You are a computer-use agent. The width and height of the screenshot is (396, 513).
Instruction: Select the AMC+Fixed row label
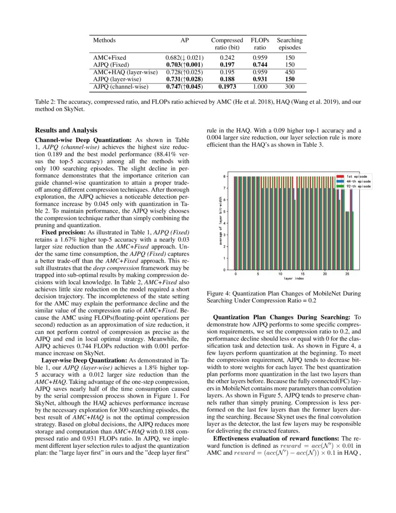click(x=109, y=58)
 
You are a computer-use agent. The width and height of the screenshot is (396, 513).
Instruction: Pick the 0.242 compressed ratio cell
click(x=227, y=58)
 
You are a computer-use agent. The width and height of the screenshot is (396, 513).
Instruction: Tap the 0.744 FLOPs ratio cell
click(x=259, y=65)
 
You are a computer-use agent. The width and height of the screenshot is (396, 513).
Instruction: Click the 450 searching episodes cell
click(x=290, y=72)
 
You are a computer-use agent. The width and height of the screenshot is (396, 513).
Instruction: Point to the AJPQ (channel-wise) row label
click(x=121, y=87)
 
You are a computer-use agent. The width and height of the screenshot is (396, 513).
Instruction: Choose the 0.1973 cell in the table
click(x=227, y=87)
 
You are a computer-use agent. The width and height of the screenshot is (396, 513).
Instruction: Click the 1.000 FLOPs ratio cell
click(x=259, y=87)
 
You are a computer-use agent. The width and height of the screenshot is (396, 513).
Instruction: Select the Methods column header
click(x=104, y=41)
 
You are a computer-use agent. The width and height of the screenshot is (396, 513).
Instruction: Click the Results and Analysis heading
click(x=66, y=130)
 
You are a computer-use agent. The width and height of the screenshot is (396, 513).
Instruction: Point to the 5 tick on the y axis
click(x=225, y=211)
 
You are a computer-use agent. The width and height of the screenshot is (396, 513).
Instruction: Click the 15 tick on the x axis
click(x=303, y=274)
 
